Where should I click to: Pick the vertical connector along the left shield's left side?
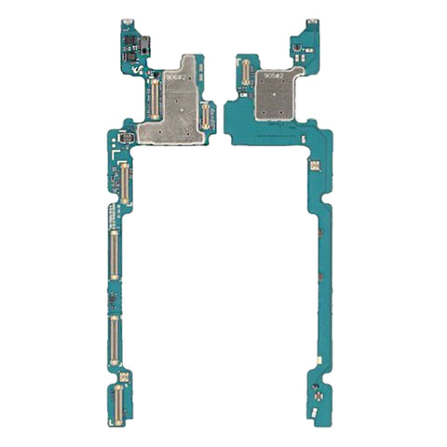coord(154,97)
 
